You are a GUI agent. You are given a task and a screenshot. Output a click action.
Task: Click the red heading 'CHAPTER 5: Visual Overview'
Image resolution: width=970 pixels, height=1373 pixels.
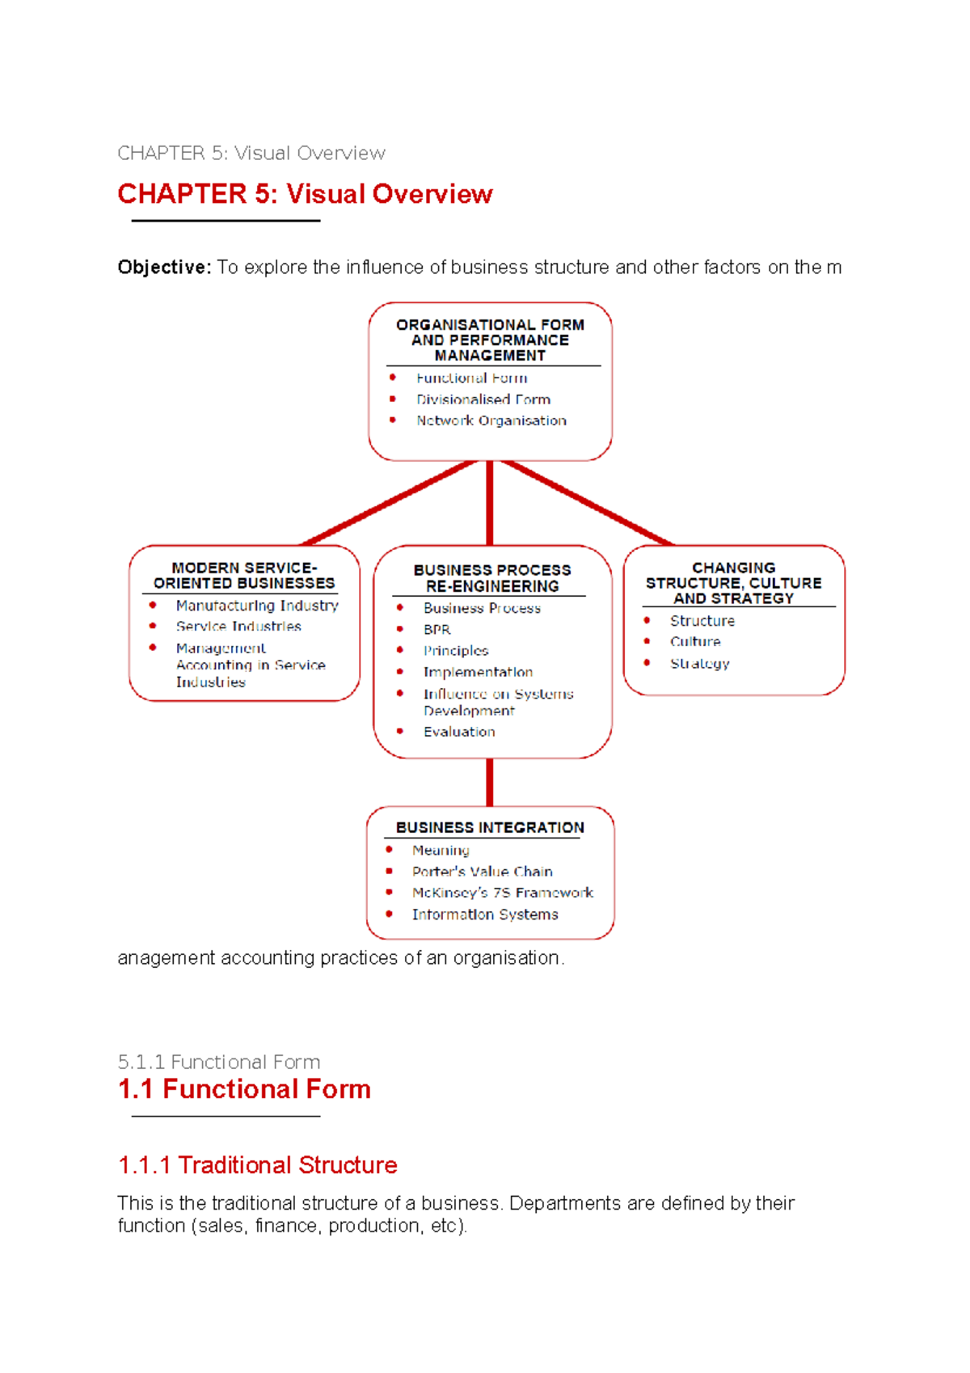(305, 195)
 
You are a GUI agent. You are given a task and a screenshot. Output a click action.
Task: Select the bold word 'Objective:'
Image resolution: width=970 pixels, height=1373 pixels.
(164, 268)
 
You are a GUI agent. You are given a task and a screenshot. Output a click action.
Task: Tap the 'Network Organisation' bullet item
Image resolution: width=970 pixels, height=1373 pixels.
(491, 420)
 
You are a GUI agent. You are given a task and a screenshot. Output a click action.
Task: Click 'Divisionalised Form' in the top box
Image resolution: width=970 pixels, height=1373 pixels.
(483, 399)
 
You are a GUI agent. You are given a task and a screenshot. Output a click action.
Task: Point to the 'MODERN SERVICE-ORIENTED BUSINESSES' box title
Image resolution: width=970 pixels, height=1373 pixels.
(244, 576)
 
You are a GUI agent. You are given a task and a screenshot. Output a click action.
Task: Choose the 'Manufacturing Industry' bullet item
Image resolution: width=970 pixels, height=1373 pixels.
(257, 606)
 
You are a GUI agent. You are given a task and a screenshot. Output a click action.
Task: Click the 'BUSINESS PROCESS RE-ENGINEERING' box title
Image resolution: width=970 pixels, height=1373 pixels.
(491, 578)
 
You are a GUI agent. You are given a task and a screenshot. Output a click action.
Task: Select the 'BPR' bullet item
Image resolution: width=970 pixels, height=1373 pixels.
(436, 629)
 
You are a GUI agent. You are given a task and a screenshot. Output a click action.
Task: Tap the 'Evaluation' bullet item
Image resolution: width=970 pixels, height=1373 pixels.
(459, 732)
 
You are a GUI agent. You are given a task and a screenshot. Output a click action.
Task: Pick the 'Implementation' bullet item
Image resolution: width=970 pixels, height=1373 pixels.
(478, 672)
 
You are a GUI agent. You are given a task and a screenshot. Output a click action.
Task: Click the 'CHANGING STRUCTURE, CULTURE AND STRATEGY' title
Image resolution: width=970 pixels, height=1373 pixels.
(733, 583)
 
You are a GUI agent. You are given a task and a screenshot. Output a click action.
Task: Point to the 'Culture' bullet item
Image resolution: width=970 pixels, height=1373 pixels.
(695, 642)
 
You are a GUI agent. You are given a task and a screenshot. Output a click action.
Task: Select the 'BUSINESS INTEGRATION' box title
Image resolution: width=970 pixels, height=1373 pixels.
(490, 828)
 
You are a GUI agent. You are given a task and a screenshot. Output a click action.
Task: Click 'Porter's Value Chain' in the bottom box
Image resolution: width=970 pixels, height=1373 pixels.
(482, 872)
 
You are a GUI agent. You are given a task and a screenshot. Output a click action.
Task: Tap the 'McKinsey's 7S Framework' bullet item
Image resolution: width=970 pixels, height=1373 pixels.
(502, 893)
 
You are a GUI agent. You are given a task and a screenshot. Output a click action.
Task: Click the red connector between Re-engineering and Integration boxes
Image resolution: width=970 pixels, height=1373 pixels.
(490, 782)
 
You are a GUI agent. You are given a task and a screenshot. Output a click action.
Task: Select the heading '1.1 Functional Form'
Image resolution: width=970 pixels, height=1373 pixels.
(244, 1089)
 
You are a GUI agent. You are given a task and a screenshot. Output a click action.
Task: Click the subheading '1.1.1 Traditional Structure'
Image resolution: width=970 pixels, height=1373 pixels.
(257, 1165)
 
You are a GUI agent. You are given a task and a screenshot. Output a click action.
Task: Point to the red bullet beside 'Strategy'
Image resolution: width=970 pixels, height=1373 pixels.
(647, 663)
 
